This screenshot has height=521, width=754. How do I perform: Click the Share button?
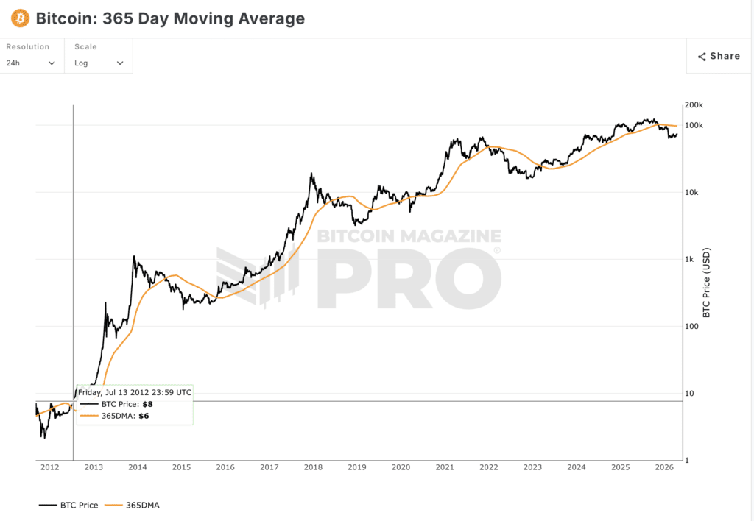tap(719, 56)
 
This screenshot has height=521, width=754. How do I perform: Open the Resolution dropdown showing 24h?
tap(31, 63)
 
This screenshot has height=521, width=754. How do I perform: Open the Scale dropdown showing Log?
tap(99, 63)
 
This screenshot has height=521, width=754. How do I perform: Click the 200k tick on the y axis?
tap(694, 105)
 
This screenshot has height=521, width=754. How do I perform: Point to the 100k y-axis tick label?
tap(694, 125)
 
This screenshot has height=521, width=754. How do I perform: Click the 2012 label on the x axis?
tap(49, 467)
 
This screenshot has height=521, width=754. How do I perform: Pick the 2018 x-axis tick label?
tap(313, 467)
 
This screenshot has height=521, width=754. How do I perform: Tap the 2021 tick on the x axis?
tap(445, 467)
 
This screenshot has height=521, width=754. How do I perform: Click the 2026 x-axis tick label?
tap(664, 467)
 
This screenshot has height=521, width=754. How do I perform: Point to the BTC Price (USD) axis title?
tap(706, 283)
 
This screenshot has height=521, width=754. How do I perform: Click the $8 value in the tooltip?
tap(147, 404)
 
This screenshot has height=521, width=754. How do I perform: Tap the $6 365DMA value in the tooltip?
tap(144, 416)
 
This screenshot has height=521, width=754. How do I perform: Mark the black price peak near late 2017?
tap(312, 174)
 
